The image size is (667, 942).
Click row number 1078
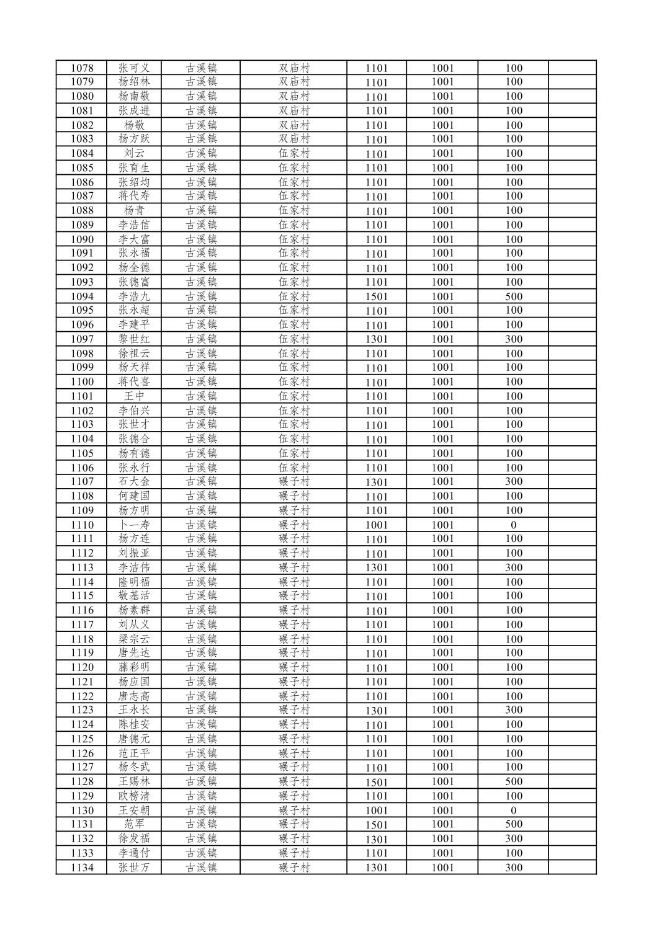point(83,68)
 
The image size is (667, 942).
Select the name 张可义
point(134,68)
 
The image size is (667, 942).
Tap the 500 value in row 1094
point(514,296)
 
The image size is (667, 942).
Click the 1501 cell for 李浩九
point(376,296)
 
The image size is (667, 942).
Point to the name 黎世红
point(134,339)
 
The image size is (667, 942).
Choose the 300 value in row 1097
point(514,339)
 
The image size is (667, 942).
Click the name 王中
point(134,396)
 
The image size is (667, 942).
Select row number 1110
point(83,525)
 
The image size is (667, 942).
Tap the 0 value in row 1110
point(514,525)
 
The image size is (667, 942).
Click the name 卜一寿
point(134,525)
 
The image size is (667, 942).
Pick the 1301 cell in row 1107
point(376,482)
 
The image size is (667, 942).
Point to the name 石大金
point(134,482)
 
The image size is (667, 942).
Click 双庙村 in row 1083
point(294,139)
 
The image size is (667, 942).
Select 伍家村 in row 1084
point(294,153)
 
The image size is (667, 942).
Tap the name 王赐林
point(134,781)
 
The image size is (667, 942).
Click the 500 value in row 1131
point(514,824)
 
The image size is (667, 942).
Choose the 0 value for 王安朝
point(514,810)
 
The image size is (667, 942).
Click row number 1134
point(83,868)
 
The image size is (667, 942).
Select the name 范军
point(134,824)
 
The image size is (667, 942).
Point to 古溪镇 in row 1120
point(201,667)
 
